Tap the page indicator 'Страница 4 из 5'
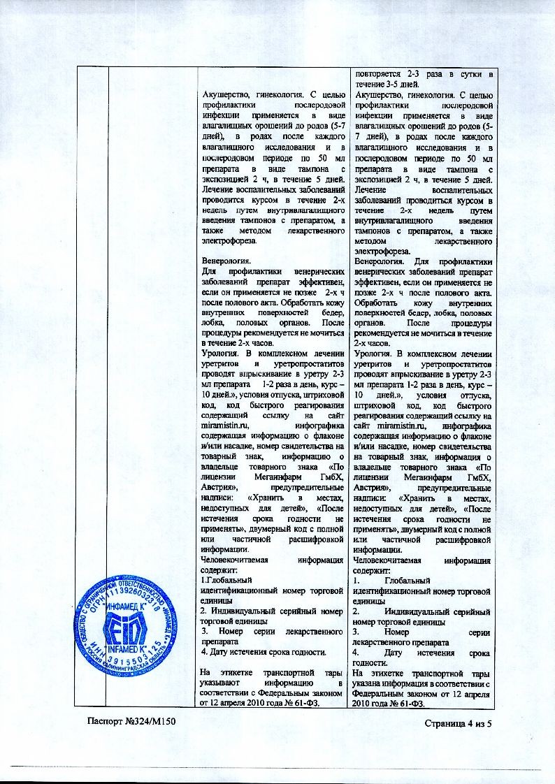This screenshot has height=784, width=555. [459, 723]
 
